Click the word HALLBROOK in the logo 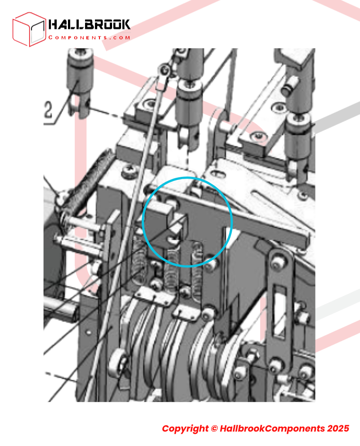[x=89, y=24]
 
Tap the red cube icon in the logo [x=29, y=29]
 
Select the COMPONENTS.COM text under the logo [x=89, y=37]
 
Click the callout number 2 [x=48, y=110]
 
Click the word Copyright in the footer [x=185, y=428]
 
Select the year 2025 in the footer [x=338, y=428]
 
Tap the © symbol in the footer [x=214, y=428]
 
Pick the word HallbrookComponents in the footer [x=272, y=428]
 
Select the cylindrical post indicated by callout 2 [x=80, y=82]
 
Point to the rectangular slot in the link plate [x=280, y=311]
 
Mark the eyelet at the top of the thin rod [x=164, y=69]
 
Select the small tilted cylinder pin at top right [x=290, y=86]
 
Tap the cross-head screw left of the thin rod [x=130, y=171]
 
